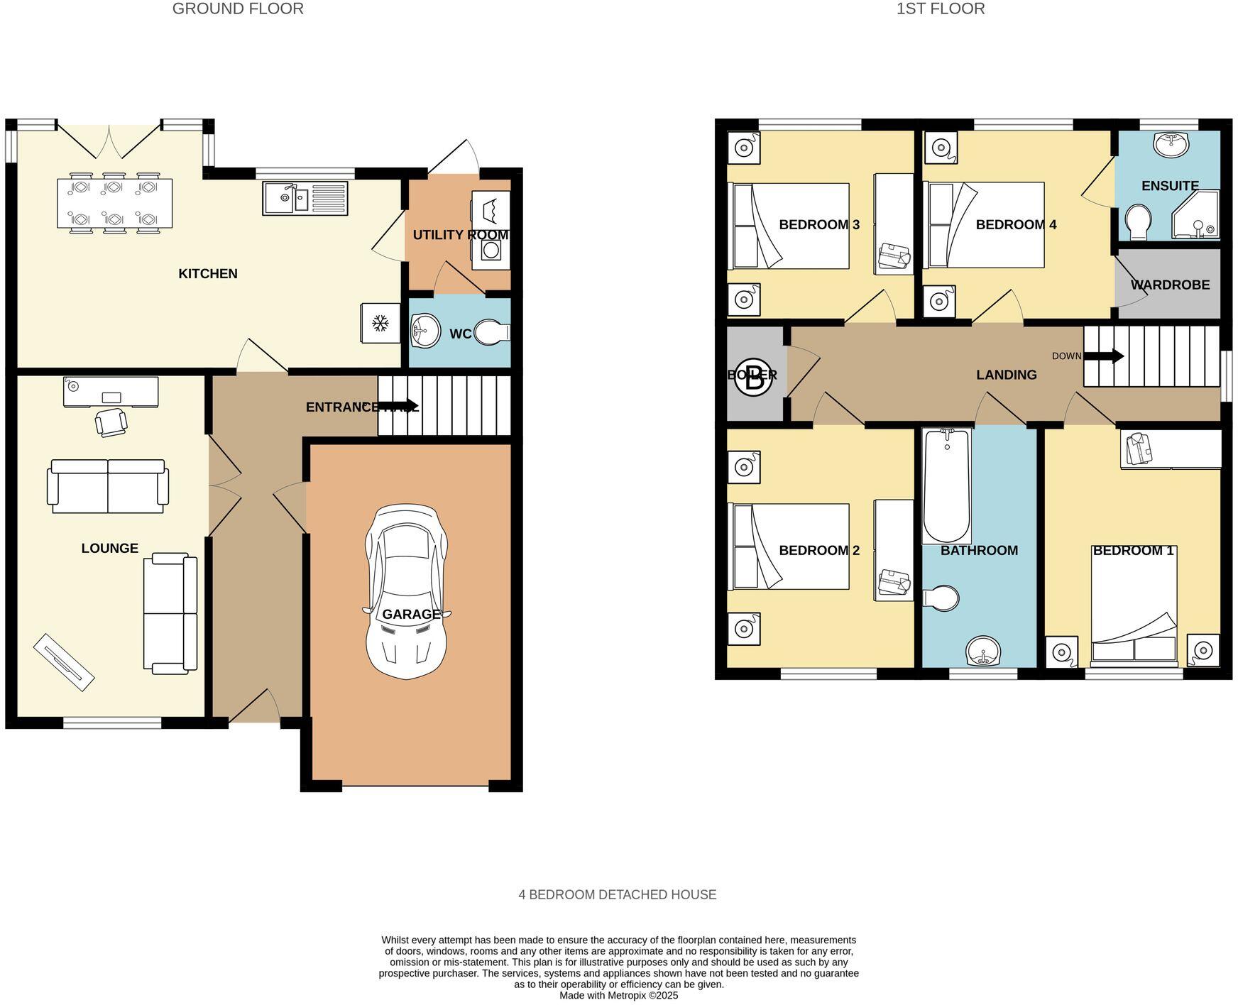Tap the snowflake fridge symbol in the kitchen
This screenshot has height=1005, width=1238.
point(380,324)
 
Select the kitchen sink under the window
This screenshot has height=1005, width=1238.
point(305,198)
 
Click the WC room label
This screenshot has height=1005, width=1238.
point(460,334)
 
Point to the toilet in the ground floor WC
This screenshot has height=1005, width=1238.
point(492,332)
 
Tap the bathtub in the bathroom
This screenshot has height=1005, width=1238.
point(946,485)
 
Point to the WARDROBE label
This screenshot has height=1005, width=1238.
point(1170,285)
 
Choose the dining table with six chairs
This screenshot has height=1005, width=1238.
point(114,204)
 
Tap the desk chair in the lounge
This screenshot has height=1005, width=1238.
point(111,421)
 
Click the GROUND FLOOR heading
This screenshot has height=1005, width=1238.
point(238,9)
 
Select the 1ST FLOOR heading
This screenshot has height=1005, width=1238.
point(940,9)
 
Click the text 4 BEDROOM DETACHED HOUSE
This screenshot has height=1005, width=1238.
point(617,894)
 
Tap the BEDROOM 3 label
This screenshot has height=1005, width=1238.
point(818,225)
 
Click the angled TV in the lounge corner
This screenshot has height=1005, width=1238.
point(64,661)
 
